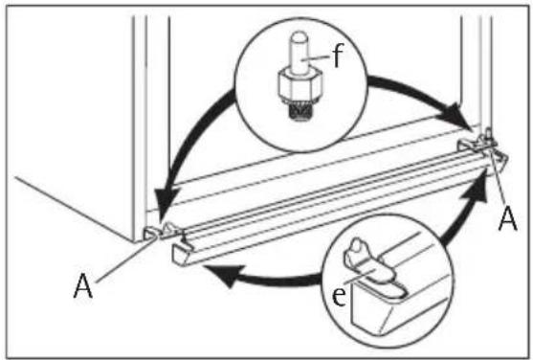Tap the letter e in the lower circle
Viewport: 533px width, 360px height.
339,296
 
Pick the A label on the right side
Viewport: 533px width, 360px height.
507,219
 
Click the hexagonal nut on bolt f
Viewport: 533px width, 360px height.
300,84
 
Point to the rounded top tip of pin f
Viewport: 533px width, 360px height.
300,35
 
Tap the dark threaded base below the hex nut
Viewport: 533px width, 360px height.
300,111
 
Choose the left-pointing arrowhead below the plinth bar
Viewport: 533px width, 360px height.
223,274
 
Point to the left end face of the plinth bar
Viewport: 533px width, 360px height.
179,255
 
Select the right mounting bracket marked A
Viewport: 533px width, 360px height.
482,145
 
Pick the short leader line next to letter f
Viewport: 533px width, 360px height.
317,58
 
